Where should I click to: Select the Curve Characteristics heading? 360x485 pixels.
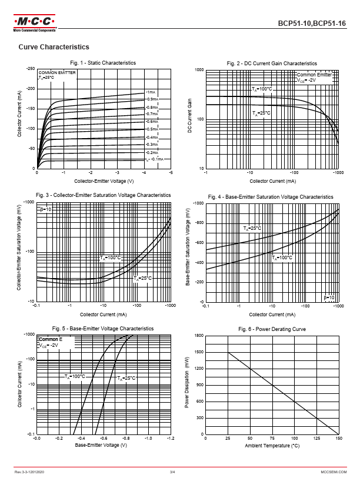click(54, 47)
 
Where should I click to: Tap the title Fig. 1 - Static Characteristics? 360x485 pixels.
click(103, 63)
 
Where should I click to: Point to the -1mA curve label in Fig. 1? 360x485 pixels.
click(151, 92)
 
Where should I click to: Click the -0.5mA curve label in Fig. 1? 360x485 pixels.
click(151, 129)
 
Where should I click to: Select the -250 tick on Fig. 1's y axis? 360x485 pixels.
click(30, 69)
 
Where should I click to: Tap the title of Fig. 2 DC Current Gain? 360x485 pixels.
click(272, 63)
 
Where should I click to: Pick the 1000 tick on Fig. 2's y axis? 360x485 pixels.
click(199, 71)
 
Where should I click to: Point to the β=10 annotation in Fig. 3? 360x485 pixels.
click(46, 209)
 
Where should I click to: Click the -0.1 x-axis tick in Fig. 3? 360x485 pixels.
click(36, 306)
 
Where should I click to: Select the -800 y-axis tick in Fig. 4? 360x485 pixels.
click(198, 223)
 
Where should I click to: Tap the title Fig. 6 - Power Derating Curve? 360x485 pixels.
click(272, 329)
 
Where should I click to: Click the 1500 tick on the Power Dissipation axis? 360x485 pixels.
click(199, 352)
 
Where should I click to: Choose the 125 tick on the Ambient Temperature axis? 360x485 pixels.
click(316, 439)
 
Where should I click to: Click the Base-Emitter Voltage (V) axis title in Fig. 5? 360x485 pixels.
click(101, 445)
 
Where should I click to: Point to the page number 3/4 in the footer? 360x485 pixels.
click(172, 471)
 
